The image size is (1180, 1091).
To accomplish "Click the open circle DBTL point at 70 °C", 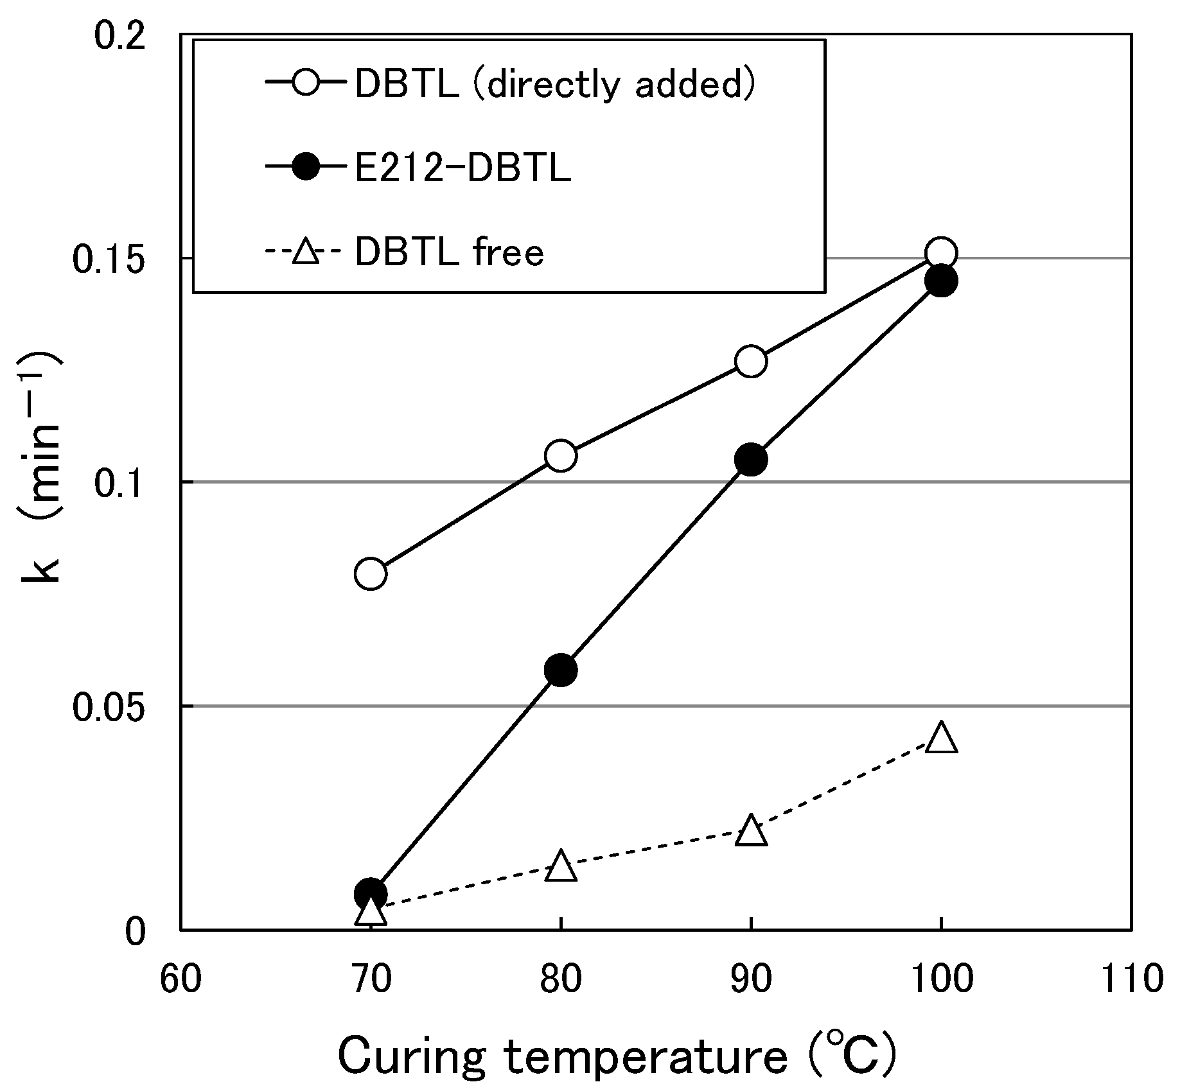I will click(x=370, y=573).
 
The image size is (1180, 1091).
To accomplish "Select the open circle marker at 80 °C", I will click(x=560, y=456).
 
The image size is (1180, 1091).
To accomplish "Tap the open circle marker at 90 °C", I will click(x=750, y=362).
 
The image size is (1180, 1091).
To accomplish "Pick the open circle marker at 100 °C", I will click(x=941, y=254).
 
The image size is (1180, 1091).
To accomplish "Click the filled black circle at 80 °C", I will click(x=560, y=670).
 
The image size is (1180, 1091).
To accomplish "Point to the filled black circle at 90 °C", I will click(x=750, y=459).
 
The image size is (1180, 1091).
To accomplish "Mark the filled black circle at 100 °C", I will click(x=941, y=281).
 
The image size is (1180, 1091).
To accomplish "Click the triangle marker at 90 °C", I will click(x=750, y=832).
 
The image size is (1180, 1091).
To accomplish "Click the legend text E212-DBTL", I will click(x=462, y=169).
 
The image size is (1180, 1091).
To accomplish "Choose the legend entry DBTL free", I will click(x=449, y=252).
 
